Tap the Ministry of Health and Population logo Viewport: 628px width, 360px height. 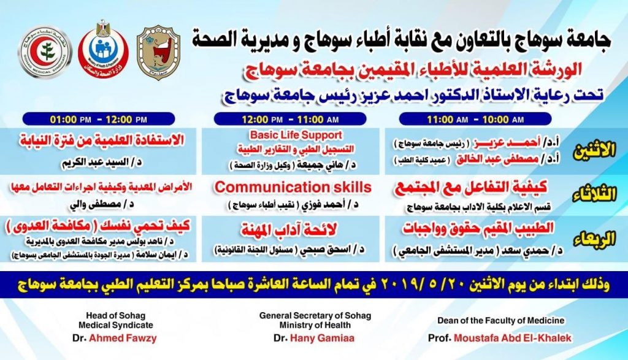103,49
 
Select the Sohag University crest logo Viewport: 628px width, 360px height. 158,52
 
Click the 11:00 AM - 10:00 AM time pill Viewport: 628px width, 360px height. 475,120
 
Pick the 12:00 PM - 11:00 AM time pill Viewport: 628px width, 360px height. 290,120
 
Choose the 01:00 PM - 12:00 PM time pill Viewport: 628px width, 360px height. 99,120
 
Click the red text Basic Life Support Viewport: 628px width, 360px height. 296,135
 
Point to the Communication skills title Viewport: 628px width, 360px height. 293,187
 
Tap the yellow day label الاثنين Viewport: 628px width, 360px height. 594,151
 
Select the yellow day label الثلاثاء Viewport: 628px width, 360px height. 594,195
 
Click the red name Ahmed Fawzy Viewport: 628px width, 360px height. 123,338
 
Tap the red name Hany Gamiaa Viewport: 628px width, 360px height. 322,338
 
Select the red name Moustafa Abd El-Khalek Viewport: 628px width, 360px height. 513,338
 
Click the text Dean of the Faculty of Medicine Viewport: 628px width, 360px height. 500,320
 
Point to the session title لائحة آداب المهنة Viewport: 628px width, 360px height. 289,229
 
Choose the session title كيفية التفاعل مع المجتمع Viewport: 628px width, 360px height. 471,188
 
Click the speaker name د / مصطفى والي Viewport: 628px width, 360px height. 102,204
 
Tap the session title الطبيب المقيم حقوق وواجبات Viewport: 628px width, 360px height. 478,229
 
